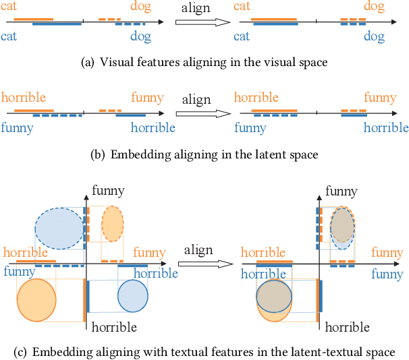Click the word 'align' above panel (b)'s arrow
click(x=196, y=100)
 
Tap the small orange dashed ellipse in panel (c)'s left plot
click(x=112, y=224)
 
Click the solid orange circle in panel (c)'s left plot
click(x=36, y=299)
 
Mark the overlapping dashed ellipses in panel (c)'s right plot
click(x=343, y=228)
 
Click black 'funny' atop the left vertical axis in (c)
click(x=109, y=191)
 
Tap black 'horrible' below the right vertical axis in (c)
click(x=347, y=328)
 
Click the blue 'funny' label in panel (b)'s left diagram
click(x=17, y=127)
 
